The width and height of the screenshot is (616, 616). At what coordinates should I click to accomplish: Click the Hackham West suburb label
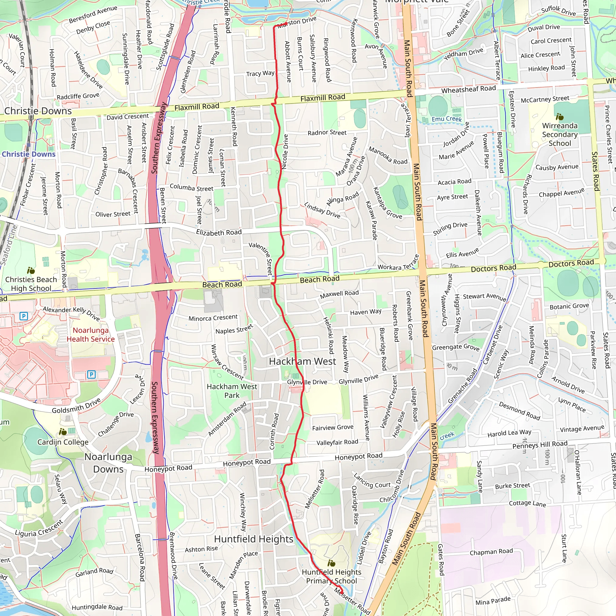tap(302, 361)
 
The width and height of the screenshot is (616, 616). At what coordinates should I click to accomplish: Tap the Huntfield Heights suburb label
tap(254, 539)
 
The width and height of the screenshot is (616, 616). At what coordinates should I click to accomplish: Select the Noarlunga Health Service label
tap(91, 334)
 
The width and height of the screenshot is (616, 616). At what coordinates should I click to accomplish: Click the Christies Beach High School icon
tap(31, 271)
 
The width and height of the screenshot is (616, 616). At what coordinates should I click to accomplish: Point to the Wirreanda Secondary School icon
tap(559, 117)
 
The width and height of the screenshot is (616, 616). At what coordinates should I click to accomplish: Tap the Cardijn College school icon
tap(63, 432)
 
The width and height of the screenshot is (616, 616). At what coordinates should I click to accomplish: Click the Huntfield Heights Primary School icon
tap(331, 563)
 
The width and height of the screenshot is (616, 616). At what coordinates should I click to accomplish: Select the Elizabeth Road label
tap(219, 233)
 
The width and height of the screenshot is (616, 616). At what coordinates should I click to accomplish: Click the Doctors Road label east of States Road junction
tap(571, 263)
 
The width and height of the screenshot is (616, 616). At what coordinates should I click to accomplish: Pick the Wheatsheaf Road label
tap(468, 89)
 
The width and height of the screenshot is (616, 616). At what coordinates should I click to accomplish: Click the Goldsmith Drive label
tap(76, 405)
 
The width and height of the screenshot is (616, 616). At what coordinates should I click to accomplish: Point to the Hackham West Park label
tap(232, 391)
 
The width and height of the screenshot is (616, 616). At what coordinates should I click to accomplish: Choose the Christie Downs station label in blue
tap(29, 154)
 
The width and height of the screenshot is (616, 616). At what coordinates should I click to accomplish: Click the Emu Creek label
tap(446, 119)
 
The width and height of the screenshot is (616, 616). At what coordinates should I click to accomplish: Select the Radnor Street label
tap(327, 132)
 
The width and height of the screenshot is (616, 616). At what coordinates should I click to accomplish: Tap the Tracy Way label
tap(260, 73)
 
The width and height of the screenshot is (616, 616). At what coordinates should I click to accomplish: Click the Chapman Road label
tap(491, 552)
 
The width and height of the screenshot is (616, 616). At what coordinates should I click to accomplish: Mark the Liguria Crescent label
tap(39, 528)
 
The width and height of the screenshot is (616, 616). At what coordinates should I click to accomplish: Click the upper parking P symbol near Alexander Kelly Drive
tap(24, 316)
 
